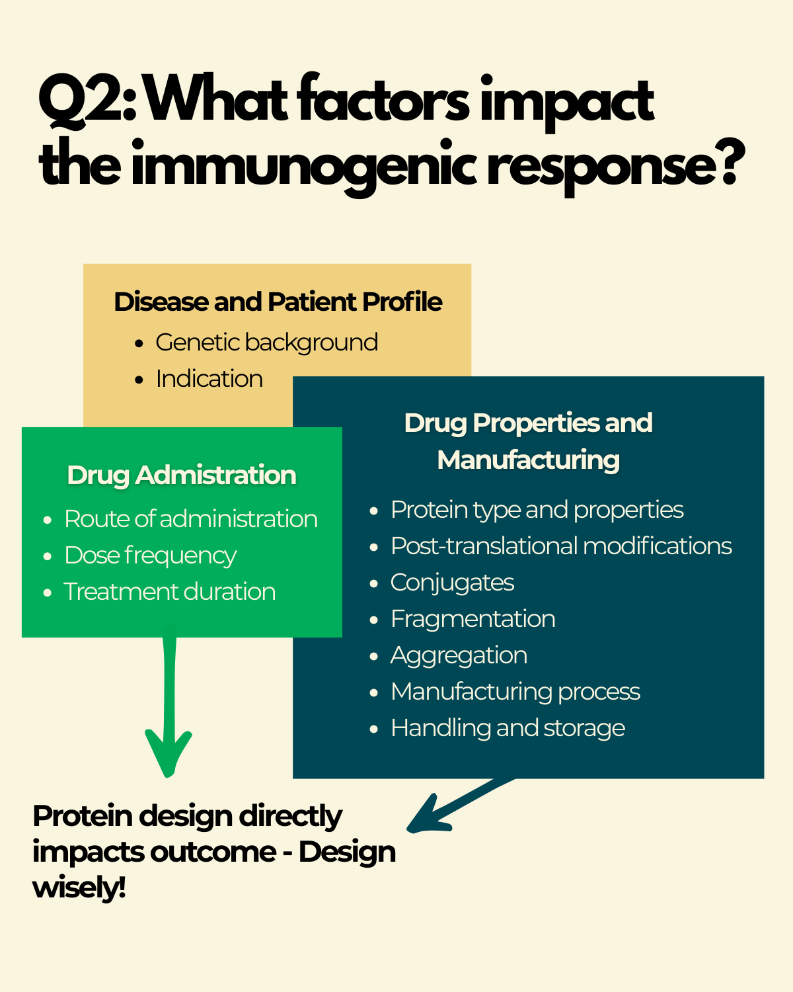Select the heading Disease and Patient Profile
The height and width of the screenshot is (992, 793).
(x=278, y=302)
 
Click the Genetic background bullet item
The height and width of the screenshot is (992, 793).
(x=266, y=343)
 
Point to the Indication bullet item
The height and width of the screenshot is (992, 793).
(x=209, y=379)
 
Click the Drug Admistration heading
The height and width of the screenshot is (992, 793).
(x=182, y=475)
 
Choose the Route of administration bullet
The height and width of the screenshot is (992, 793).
(x=190, y=519)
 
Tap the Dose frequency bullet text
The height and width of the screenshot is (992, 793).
(x=150, y=556)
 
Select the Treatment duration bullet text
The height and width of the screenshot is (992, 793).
(x=169, y=592)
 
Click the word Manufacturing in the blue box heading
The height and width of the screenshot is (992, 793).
(x=528, y=460)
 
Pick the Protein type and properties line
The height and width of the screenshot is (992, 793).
(x=537, y=510)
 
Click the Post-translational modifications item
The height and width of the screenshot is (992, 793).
(x=561, y=546)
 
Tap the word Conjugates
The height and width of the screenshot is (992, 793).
(x=452, y=583)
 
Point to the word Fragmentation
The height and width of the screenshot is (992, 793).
(x=472, y=619)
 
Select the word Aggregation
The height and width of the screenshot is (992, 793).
(x=459, y=655)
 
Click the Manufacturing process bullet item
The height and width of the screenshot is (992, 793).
(x=515, y=692)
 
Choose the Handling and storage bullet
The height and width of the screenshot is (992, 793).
(x=508, y=728)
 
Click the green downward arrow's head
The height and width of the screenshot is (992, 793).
(x=169, y=757)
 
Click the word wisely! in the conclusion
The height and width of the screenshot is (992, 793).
(x=79, y=888)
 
